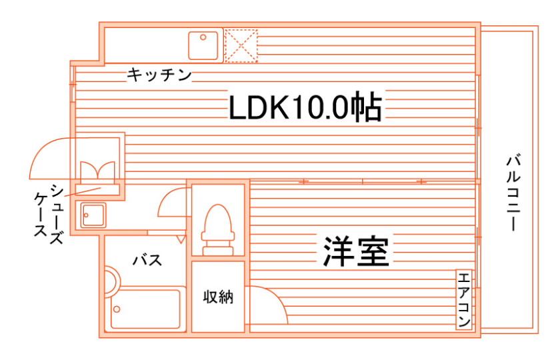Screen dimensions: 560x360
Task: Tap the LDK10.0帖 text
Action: [x=305, y=107]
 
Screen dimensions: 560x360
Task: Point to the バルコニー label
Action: [x=513, y=193]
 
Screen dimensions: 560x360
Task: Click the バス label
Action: [x=147, y=260]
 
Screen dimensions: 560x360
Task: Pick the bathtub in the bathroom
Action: [x=147, y=309]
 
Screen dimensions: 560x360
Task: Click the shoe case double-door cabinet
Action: [x=99, y=170]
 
